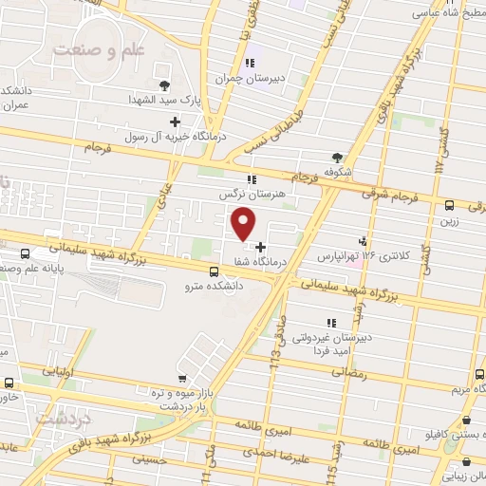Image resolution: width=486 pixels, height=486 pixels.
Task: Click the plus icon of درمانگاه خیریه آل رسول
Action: (175, 121)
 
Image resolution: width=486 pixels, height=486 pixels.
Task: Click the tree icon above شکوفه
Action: (337, 158)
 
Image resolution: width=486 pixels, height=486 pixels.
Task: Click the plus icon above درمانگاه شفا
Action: (261, 246)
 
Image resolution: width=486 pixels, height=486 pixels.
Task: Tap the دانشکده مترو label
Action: (215, 283)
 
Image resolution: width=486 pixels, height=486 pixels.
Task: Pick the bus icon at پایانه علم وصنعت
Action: (25, 253)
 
